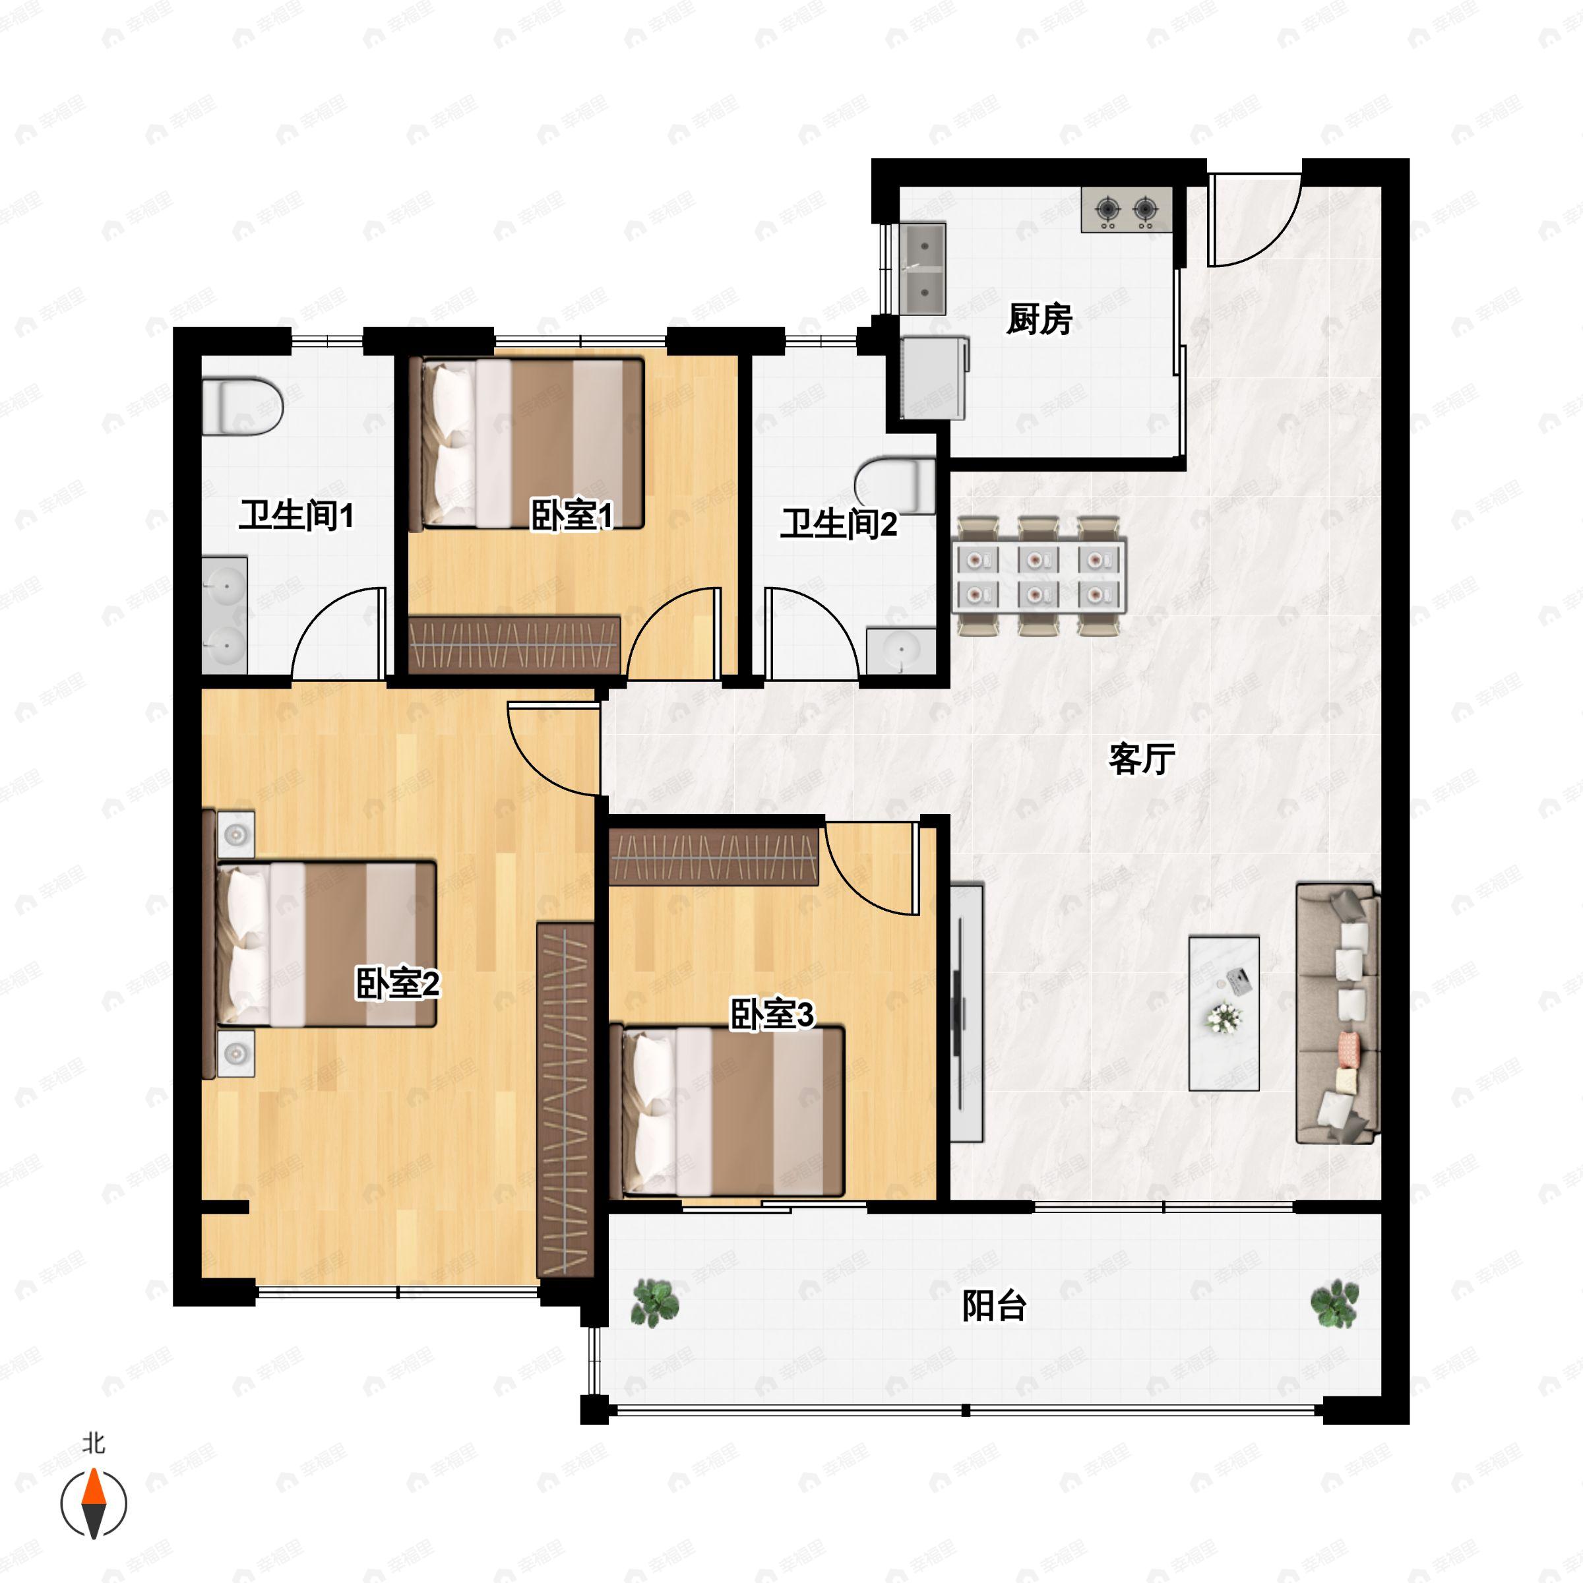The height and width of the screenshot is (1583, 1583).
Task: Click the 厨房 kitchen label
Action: (x=1039, y=319)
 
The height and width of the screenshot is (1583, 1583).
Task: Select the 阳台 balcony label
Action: (x=994, y=1305)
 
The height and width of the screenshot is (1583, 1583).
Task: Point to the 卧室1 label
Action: (x=572, y=515)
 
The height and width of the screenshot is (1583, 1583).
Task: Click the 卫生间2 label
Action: (x=838, y=524)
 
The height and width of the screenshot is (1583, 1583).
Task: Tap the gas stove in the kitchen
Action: (x=1126, y=210)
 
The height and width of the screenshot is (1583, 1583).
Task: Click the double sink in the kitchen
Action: (x=923, y=268)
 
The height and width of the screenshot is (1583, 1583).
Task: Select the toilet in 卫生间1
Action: (x=243, y=406)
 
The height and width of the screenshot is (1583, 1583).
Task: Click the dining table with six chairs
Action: (x=1039, y=576)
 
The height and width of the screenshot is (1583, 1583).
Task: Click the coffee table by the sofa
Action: (x=1224, y=1012)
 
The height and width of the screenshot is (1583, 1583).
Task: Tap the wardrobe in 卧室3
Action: (x=714, y=856)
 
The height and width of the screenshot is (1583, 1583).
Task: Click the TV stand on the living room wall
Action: (x=967, y=1012)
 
